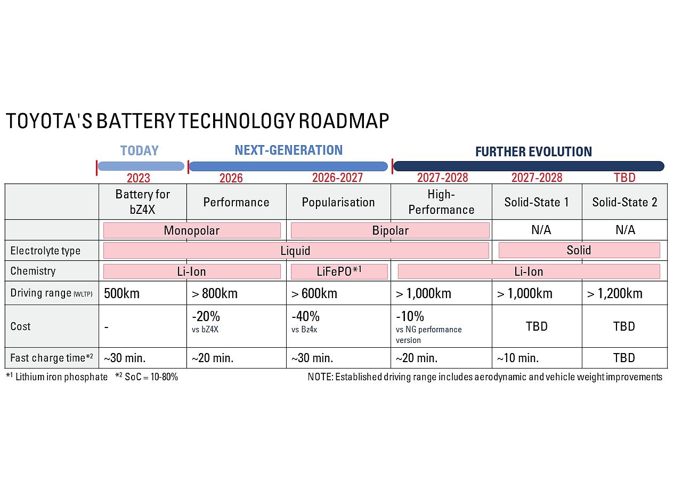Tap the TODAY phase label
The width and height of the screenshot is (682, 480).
(140, 151)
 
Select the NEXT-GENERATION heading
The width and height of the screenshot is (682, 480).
(288, 150)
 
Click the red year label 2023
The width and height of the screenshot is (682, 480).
(139, 178)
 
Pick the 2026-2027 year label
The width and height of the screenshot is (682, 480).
(337, 178)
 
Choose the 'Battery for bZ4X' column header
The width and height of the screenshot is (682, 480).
(142, 201)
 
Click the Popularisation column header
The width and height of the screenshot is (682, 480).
(338, 202)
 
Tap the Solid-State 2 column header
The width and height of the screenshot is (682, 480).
(624, 202)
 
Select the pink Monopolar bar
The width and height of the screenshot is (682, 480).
(192, 230)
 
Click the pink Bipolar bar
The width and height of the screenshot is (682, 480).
(390, 230)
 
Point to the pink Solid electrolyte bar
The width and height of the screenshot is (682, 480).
(579, 250)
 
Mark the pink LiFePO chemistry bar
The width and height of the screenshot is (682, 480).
(339, 271)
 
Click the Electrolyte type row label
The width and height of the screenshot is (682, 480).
(45, 251)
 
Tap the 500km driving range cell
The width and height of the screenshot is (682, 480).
(121, 293)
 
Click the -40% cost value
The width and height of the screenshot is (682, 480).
(306, 316)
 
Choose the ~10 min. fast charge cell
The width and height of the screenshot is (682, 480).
(517, 358)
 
